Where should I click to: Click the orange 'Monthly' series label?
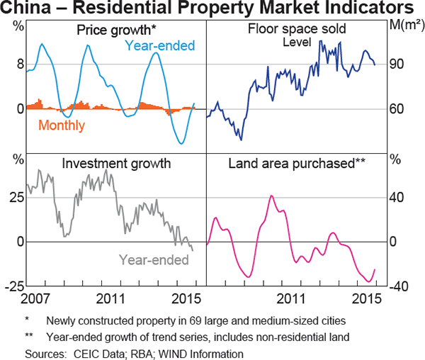(x=62, y=126)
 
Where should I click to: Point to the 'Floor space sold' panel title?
(x=295, y=30)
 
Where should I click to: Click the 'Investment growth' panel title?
(x=116, y=164)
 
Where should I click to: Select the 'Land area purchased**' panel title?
(x=296, y=164)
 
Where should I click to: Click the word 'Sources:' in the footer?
(x=45, y=353)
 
